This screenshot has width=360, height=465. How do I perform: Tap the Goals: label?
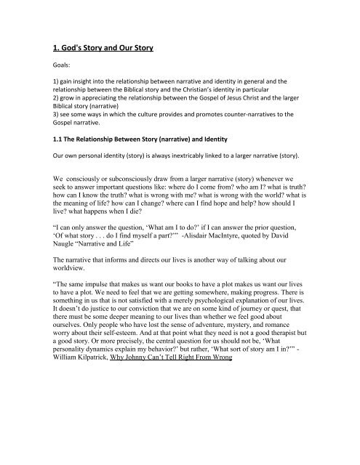click(x=62, y=73)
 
